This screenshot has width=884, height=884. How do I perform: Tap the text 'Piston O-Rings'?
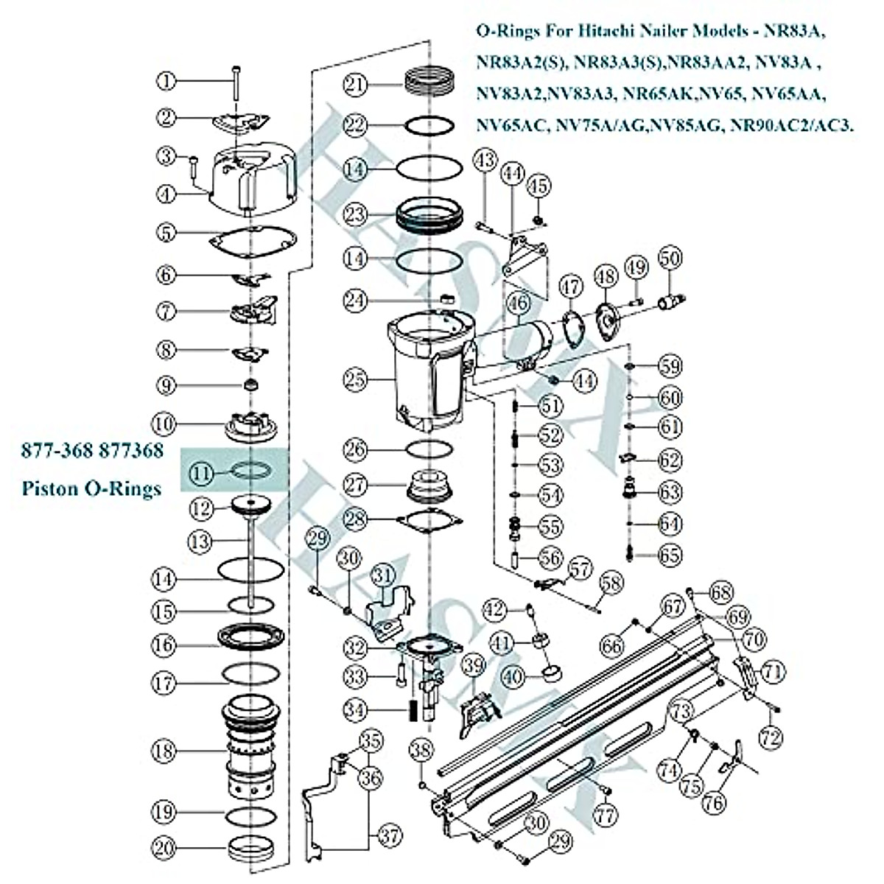91,488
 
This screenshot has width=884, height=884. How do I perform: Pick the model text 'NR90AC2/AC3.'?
792,125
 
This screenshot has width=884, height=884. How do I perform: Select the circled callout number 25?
357,380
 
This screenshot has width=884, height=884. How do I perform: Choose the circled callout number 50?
670,258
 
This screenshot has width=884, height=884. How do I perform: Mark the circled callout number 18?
165,751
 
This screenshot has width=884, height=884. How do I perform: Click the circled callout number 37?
390,835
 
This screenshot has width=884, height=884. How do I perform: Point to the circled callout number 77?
606,815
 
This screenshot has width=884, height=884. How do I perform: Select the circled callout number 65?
670,555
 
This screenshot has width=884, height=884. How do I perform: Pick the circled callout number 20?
165,848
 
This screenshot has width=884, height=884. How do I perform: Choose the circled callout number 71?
772,671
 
